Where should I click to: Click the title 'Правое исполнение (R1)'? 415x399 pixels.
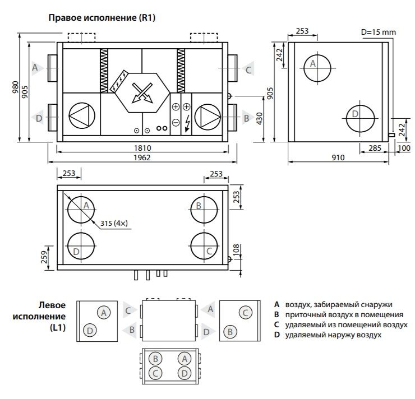tap(102, 18)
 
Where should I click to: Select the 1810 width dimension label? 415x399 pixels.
tap(142, 148)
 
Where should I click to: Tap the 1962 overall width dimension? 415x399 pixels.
tap(142, 157)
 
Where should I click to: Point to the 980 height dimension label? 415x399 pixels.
tap(15, 87)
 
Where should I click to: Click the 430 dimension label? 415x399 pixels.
tap(260, 118)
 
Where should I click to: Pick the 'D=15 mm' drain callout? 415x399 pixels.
tap(379, 33)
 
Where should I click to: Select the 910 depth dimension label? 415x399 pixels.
tap(338, 157)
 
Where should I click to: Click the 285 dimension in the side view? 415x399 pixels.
tap(375, 148)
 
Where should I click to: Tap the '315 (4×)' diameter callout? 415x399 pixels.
tap(114, 224)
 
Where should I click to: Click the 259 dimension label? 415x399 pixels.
tap(44, 257)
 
